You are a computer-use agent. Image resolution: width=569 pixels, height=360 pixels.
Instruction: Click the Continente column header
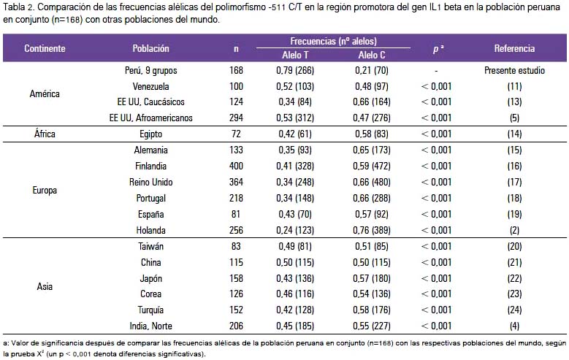(x=45, y=49)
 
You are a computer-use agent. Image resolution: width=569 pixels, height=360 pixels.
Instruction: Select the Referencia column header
(x=514, y=49)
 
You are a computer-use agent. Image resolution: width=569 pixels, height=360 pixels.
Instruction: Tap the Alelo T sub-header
(x=295, y=55)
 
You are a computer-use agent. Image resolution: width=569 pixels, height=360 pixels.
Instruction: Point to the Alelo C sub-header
(x=372, y=55)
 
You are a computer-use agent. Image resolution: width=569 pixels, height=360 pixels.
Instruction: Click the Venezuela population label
(x=150, y=86)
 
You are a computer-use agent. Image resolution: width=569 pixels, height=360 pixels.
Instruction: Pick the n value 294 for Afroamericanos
(x=236, y=118)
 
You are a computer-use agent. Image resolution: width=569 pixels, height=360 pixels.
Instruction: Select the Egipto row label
(x=150, y=134)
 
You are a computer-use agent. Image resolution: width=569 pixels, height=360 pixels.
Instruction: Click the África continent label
(x=45, y=134)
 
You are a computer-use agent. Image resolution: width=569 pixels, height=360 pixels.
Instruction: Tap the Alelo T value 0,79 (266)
(x=295, y=70)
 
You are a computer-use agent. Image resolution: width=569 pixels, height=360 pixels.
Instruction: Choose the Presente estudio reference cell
(x=514, y=70)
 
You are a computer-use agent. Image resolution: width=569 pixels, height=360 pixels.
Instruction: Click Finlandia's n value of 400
(x=236, y=166)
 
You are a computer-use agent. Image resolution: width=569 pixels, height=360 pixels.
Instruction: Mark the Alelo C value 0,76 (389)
(x=372, y=230)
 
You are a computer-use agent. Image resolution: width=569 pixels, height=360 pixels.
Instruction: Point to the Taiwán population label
(x=150, y=246)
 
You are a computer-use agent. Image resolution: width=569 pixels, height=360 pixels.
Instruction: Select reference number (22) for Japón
(x=514, y=278)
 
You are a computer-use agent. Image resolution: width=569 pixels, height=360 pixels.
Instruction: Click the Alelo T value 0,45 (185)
(x=295, y=326)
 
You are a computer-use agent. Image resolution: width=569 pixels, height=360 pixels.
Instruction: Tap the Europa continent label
(x=45, y=190)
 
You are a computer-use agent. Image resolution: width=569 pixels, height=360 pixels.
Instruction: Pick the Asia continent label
(x=45, y=286)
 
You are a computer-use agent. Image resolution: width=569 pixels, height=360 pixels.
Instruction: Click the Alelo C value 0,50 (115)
(x=372, y=262)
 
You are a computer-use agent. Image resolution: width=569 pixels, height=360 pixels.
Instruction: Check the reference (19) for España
(x=514, y=214)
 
